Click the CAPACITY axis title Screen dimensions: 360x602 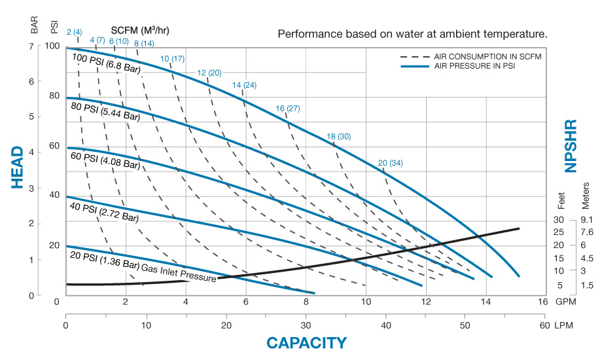coord(306,342)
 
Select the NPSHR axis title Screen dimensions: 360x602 coord(571,145)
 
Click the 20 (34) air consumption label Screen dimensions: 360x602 coord(391,163)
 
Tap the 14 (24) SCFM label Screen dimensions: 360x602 coord(244,86)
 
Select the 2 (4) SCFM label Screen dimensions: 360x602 coord(75,32)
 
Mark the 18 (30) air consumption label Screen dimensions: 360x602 coord(339,136)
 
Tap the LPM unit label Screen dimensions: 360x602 coord(563,325)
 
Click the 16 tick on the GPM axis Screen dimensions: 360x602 coord(542,302)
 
